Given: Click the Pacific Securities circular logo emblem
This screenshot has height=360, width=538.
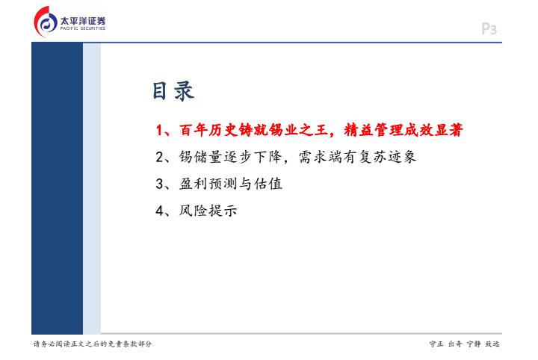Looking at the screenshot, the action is (x=46, y=22).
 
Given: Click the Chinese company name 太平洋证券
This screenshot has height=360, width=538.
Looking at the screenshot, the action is (x=83, y=21).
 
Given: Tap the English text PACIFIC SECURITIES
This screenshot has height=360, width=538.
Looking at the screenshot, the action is (x=83, y=28).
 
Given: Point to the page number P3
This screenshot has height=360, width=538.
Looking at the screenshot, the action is (x=489, y=29).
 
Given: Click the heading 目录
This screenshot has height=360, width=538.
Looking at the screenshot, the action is (x=173, y=91).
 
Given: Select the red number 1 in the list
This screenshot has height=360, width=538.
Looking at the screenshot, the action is (x=159, y=130).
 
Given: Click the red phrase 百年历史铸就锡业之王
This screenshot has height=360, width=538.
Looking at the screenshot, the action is (x=253, y=130).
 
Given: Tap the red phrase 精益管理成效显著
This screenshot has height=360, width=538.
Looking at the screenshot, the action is (x=403, y=130).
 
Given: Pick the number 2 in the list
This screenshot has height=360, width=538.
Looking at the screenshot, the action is (x=160, y=157).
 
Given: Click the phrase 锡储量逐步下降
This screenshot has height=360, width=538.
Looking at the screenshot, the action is (x=230, y=157).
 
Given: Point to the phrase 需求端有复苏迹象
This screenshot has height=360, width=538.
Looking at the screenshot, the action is (x=357, y=157).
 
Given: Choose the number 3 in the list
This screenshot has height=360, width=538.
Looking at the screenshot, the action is (x=160, y=184).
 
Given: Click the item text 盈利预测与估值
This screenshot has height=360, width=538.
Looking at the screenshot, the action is (x=231, y=184).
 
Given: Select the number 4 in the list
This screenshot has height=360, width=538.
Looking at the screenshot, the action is (x=160, y=211).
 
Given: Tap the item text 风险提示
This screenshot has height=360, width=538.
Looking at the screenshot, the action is (x=208, y=210).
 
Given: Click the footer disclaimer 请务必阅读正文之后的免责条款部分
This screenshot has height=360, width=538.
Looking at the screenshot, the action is (x=93, y=344).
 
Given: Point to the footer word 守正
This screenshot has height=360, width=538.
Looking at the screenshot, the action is (x=436, y=344).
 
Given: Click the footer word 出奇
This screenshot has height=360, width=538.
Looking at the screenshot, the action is (x=455, y=344).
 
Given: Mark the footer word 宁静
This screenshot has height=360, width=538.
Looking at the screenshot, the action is (x=474, y=344).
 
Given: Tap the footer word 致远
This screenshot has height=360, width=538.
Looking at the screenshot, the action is (x=492, y=344).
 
